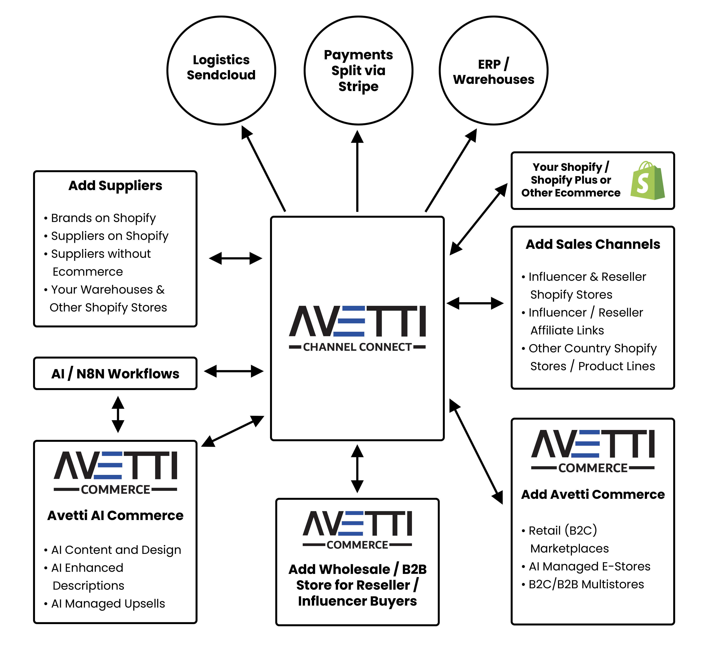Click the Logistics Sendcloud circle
[x=221, y=70]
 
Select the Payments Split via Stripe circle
[x=358, y=70]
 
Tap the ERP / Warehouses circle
[x=493, y=70]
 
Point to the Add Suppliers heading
[x=115, y=186]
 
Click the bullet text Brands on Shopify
[x=103, y=218]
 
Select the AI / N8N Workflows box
[x=115, y=374]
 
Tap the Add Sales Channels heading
[x=593, y=244]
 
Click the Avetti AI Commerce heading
[x=115, y=515]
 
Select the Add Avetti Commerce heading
[x=593, y=495]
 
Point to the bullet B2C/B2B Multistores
[x=586, y=584]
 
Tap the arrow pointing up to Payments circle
[x=357, y=170]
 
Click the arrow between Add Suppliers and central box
[x=235, y=258]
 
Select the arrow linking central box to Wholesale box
[x=357, y=469]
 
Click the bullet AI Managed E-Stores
[x=589, y=567]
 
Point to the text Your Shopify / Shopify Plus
[x=571, y=173]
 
